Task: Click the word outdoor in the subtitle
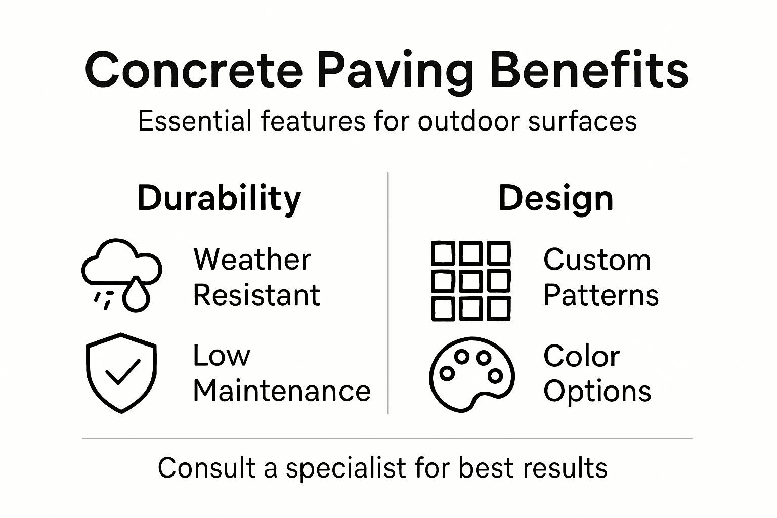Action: (x=469, y=121)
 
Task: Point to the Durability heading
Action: (x=219, y=198)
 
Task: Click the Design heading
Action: (x=555, y=198)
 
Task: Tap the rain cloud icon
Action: (x=121, y=273)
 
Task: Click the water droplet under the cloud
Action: (x=136, y=295)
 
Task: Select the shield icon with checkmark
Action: (x=121, y=372)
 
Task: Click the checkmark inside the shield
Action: (x=122, y=372)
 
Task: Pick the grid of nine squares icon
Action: (x=470, y=281)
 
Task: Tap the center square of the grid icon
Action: (x=470, y=281)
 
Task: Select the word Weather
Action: (x=252, y=260)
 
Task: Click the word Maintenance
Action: (x=282, y=391)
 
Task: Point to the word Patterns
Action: (x=601, y=295)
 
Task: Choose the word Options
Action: (x=597, y=391)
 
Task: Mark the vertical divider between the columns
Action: (x=388, y=293)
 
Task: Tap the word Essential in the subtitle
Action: (x=195, y=121)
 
